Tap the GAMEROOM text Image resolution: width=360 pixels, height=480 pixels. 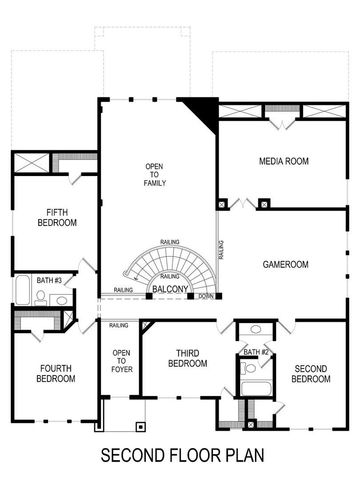pyautogui.click(x=285, y=264)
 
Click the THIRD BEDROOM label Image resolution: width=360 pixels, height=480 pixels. pyautogui.click(x=190, y=358)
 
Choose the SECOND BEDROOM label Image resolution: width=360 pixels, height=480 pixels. pyautogui.click(x=311, y=373)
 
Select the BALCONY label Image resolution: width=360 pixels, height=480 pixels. pyautogui.click(x=170, y=290)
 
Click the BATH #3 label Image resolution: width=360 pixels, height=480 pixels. pyautogui.click(x=49, y=281)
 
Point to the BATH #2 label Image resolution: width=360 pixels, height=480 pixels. pyautogui.click(x=257, y=352)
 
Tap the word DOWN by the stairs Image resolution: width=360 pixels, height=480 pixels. pyautogui.click(x=204, y=296)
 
